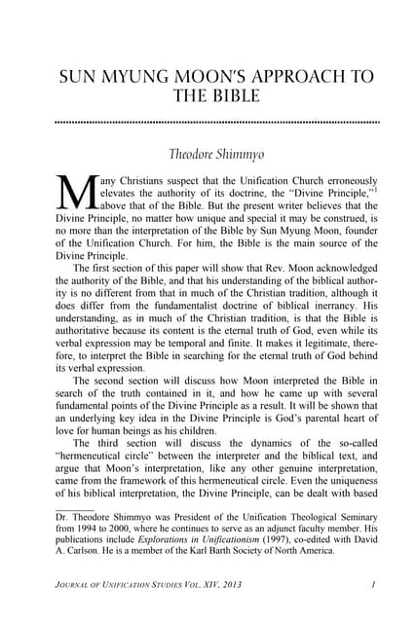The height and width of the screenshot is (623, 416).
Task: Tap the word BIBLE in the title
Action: point(234,97)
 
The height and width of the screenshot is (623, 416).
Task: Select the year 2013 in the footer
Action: point(251,584)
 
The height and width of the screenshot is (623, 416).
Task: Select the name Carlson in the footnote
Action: point(84,550)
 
